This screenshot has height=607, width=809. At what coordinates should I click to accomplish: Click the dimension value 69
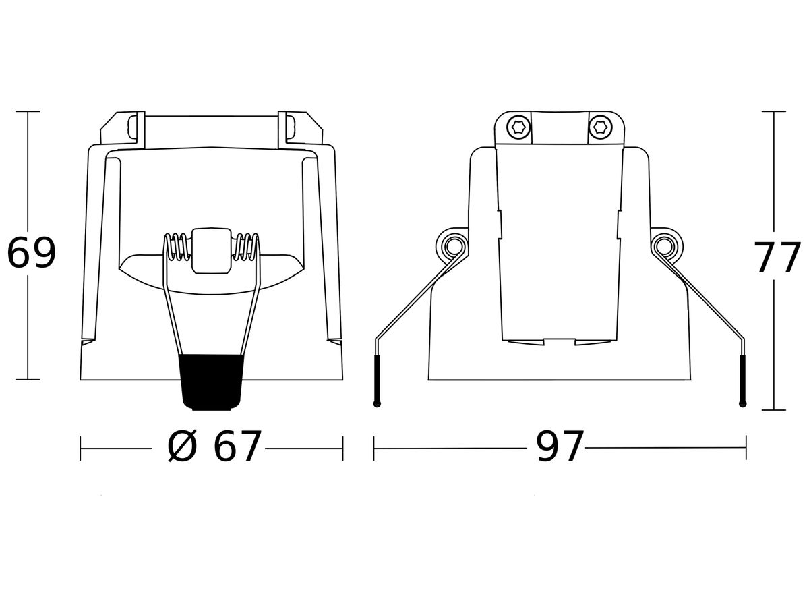coord(31,253)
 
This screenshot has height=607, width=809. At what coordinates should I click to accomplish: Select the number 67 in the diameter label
coord(237,446)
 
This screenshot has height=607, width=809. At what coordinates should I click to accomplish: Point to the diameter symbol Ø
coord(181,446)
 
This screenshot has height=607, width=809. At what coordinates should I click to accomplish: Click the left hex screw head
coord(518,127)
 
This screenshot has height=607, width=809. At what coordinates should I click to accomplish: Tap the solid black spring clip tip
coord(212,382)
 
